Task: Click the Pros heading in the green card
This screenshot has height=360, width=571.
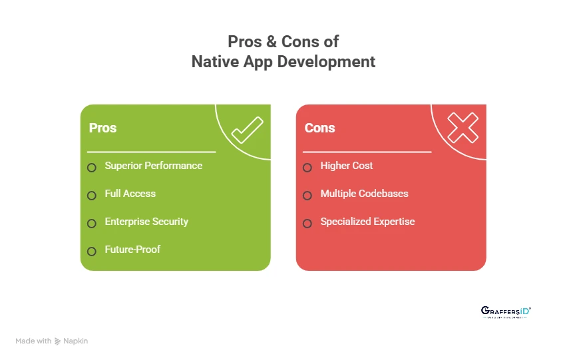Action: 102,128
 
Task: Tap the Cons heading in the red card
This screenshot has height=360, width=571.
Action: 319,128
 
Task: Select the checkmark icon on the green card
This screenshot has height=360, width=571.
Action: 247,130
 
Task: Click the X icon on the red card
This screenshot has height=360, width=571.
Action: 463,127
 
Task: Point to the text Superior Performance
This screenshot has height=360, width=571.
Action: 153,166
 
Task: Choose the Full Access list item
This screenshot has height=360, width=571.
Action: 130,194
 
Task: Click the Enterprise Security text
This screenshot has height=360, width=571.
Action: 146,222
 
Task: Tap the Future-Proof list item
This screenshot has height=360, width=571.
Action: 132,250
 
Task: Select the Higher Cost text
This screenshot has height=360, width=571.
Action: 347,166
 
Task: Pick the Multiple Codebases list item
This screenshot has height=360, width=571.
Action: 364,194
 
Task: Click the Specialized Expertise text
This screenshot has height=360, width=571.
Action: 367,222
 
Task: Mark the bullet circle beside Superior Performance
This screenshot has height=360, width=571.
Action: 92,167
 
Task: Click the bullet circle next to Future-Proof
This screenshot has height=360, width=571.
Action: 92,251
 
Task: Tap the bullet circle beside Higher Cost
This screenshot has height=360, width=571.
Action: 307,167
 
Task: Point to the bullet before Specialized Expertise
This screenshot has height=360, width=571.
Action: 307,223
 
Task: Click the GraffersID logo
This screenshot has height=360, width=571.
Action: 506,311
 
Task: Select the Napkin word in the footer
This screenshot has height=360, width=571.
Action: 76,341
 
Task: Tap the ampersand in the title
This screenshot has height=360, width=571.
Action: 271,41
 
